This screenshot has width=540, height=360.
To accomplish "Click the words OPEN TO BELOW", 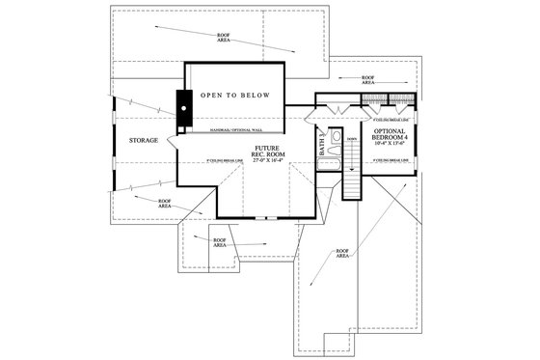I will coord(234,97).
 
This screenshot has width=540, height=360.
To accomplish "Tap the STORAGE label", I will coord(144,141).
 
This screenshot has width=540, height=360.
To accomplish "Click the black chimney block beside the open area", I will coord(180,108).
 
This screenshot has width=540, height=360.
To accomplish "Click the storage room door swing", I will coord(174,142).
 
